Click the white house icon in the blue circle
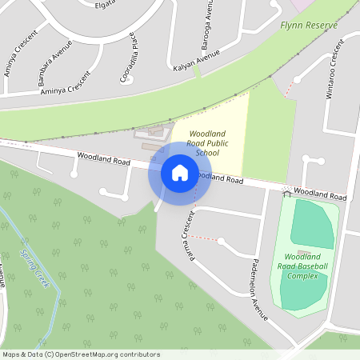[179, 173]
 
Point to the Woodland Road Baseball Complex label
[302, 266]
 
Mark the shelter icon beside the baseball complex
[286, 193]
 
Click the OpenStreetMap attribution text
[81, 354]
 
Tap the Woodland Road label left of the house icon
[104, 161]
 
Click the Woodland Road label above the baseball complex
[320, 194]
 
